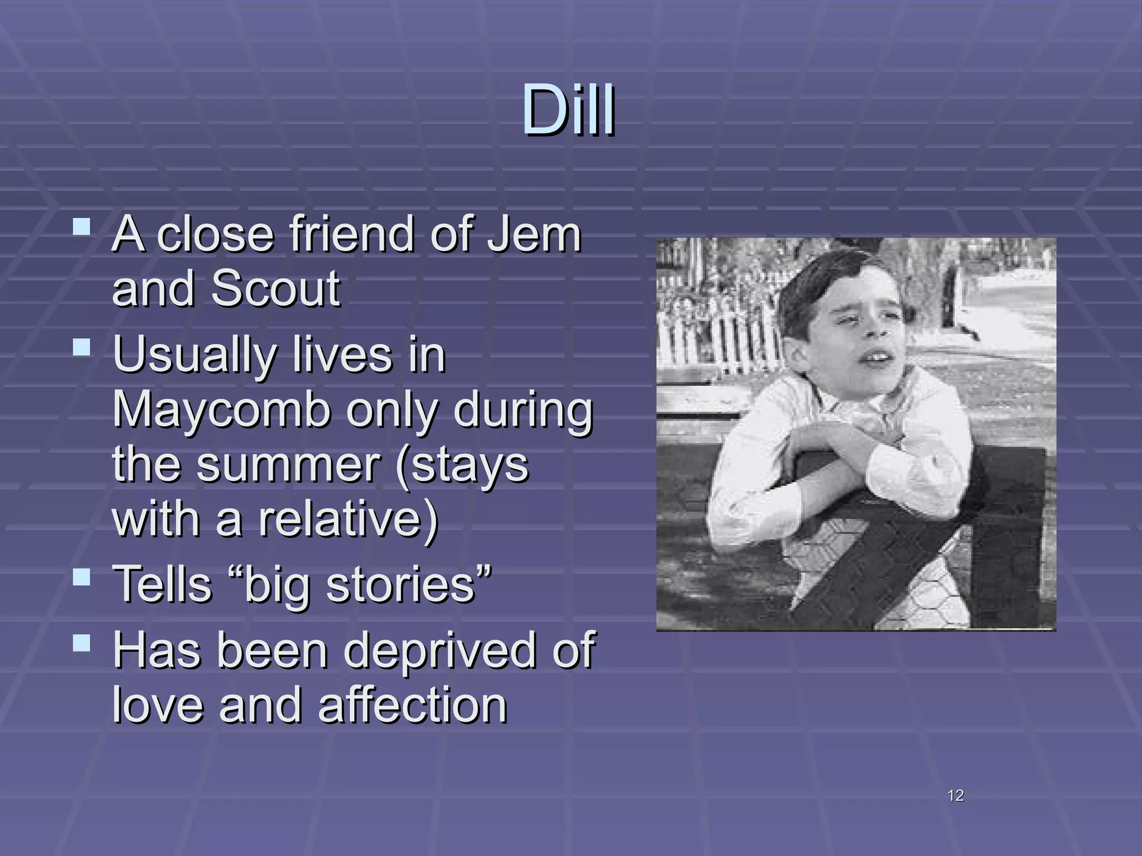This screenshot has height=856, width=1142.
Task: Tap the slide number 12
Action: point(955,795)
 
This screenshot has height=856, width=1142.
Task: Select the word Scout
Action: point(275,288)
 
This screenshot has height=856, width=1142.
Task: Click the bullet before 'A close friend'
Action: point(81,227)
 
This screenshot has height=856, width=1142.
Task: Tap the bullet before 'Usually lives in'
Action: point(81,348)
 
